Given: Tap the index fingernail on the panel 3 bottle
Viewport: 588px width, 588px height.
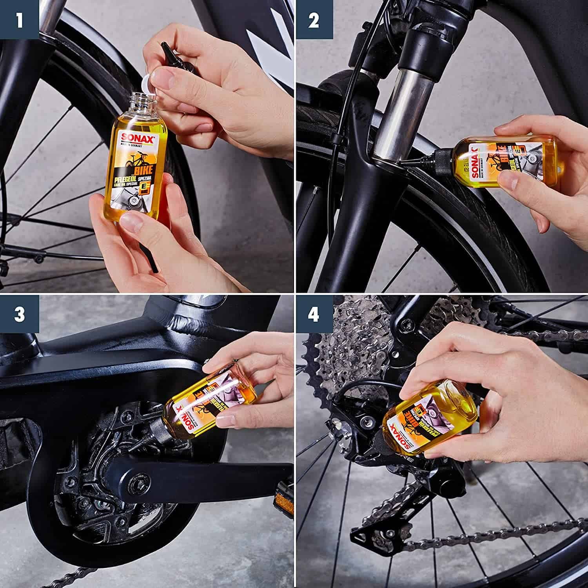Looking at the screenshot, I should pyautogui.click(x=223, y=423).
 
